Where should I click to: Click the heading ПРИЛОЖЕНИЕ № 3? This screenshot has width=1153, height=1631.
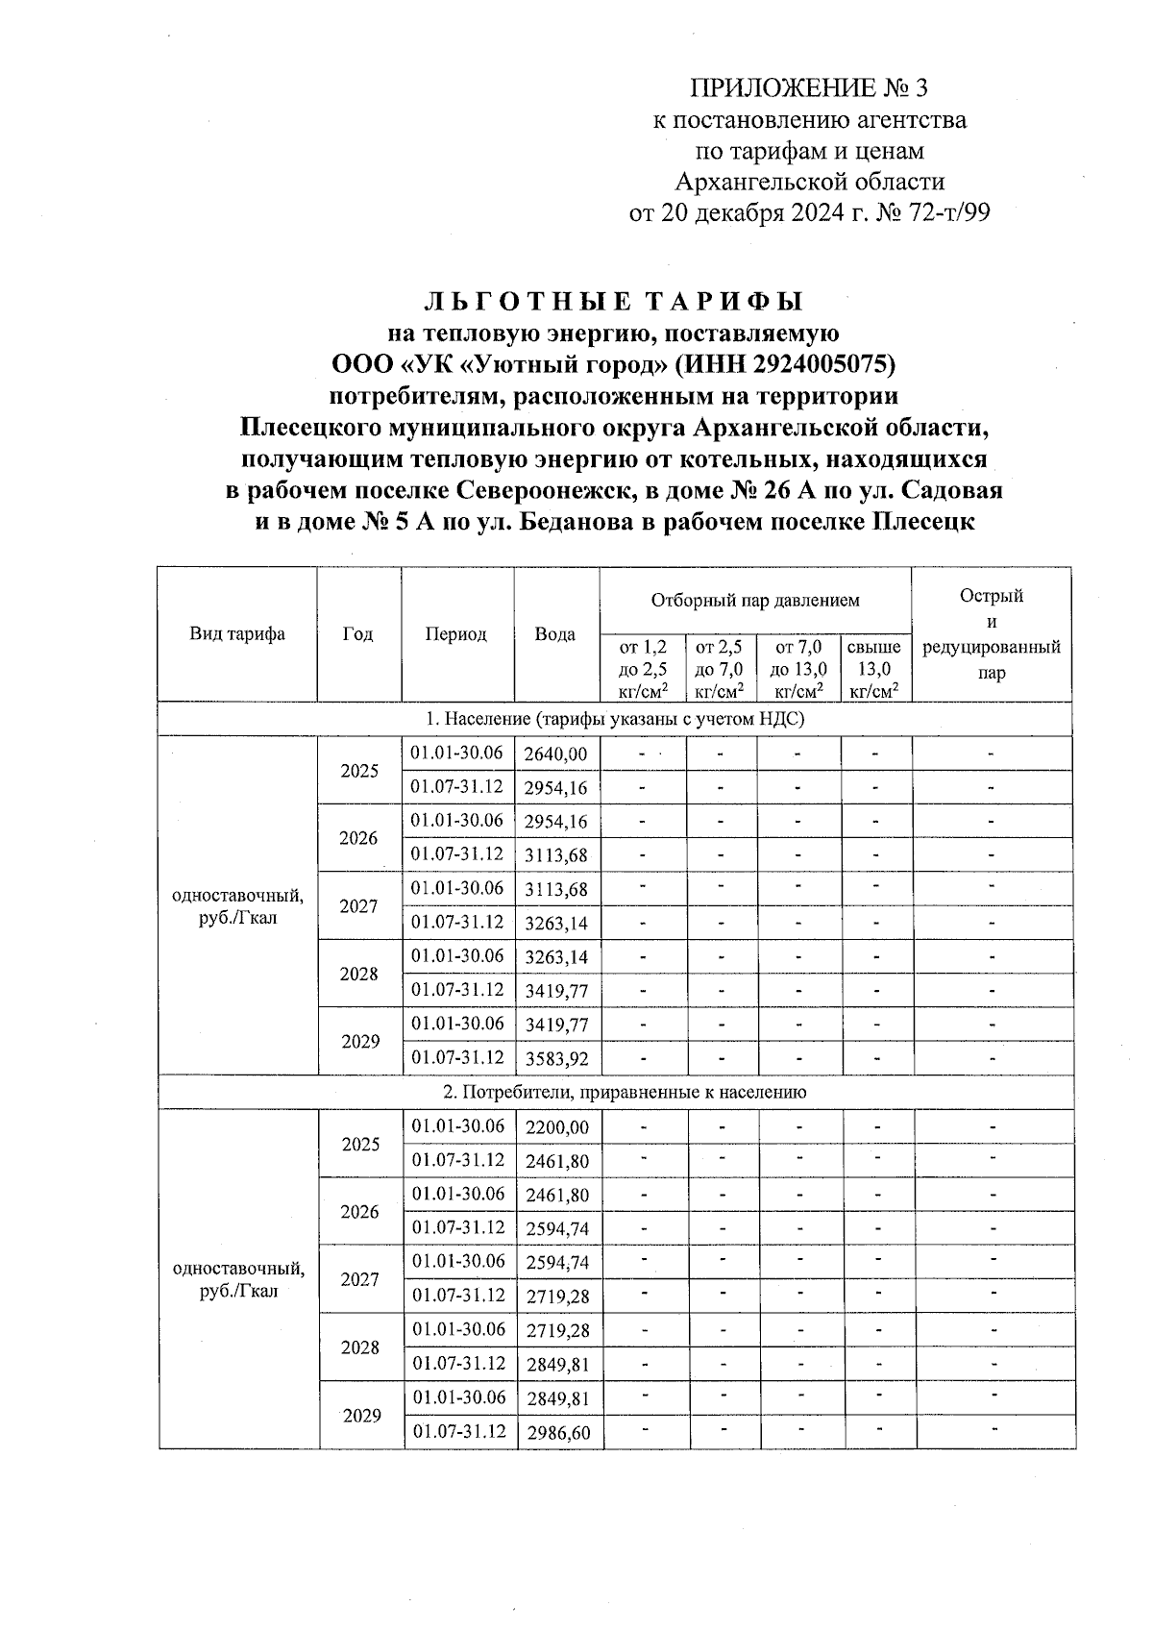(809, 88)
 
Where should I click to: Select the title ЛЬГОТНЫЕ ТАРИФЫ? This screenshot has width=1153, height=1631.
(613, 302)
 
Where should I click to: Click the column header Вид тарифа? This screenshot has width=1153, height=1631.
(237, 634)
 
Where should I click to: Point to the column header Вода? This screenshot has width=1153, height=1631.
(555, 634)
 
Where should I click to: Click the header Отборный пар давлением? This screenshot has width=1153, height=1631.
(755, 601)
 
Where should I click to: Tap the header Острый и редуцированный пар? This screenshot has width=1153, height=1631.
(991, 633)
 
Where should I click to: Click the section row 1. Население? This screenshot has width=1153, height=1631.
(615, 719)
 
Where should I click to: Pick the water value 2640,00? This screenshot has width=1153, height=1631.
(555, 754)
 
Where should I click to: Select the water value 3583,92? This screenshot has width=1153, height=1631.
(556, 1059)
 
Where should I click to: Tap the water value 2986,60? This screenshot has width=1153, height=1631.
(558, 1433)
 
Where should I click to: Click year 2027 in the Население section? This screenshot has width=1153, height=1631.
(358, 906)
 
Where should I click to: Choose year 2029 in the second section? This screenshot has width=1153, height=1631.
(361, 1416)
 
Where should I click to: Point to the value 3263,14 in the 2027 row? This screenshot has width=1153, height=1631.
(556, 924)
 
